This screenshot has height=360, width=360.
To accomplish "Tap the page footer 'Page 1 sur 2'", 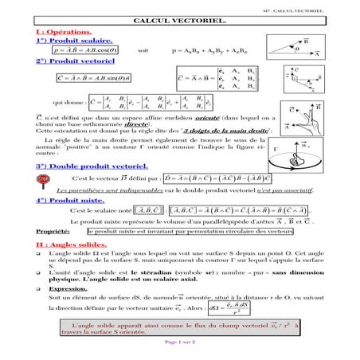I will point(180,342).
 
